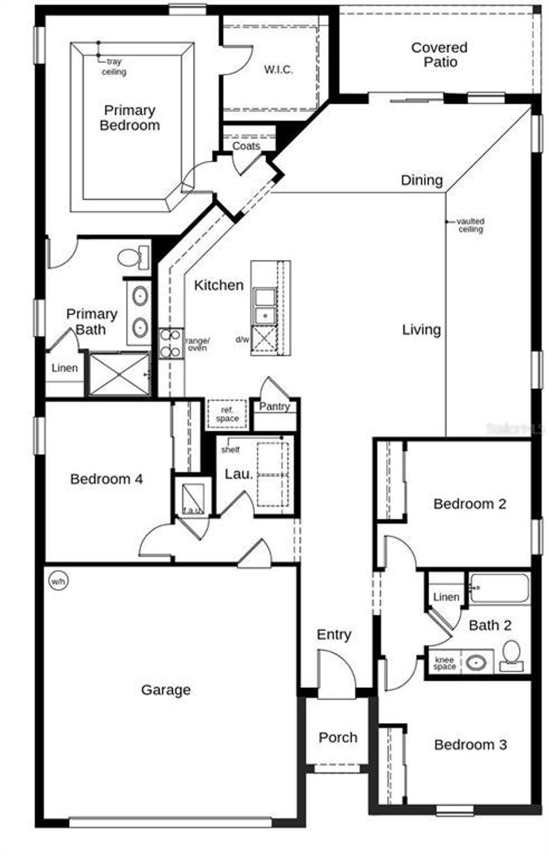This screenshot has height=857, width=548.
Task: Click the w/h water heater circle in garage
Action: [x=58, y=581]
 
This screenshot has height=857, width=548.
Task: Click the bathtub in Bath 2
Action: [x=499, y=589]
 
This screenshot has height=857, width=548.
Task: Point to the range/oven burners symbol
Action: [x=171, y=343]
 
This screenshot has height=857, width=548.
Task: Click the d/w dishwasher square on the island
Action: [x=264, y=339]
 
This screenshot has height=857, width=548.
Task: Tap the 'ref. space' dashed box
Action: [x=227, y=414]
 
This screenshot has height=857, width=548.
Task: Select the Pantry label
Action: [x=274, y=406]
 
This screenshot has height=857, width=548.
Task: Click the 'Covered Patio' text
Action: [x=439, y=54]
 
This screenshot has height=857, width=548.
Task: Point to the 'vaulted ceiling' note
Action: [x=471, y=225]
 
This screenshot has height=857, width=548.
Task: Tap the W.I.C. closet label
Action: [x=278, y=70]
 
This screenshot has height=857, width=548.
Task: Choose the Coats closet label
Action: [x=246, y=146]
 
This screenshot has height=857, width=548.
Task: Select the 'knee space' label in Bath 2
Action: [x=444, y=663]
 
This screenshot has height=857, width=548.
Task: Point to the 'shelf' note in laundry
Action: [x=230, y=450]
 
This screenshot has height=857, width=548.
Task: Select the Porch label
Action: [x=338, y=737]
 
